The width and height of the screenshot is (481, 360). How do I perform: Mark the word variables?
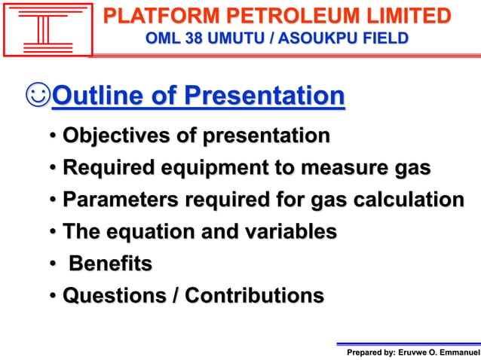coord(288,232)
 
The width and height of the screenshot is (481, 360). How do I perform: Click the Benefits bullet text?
coord(110,264)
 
